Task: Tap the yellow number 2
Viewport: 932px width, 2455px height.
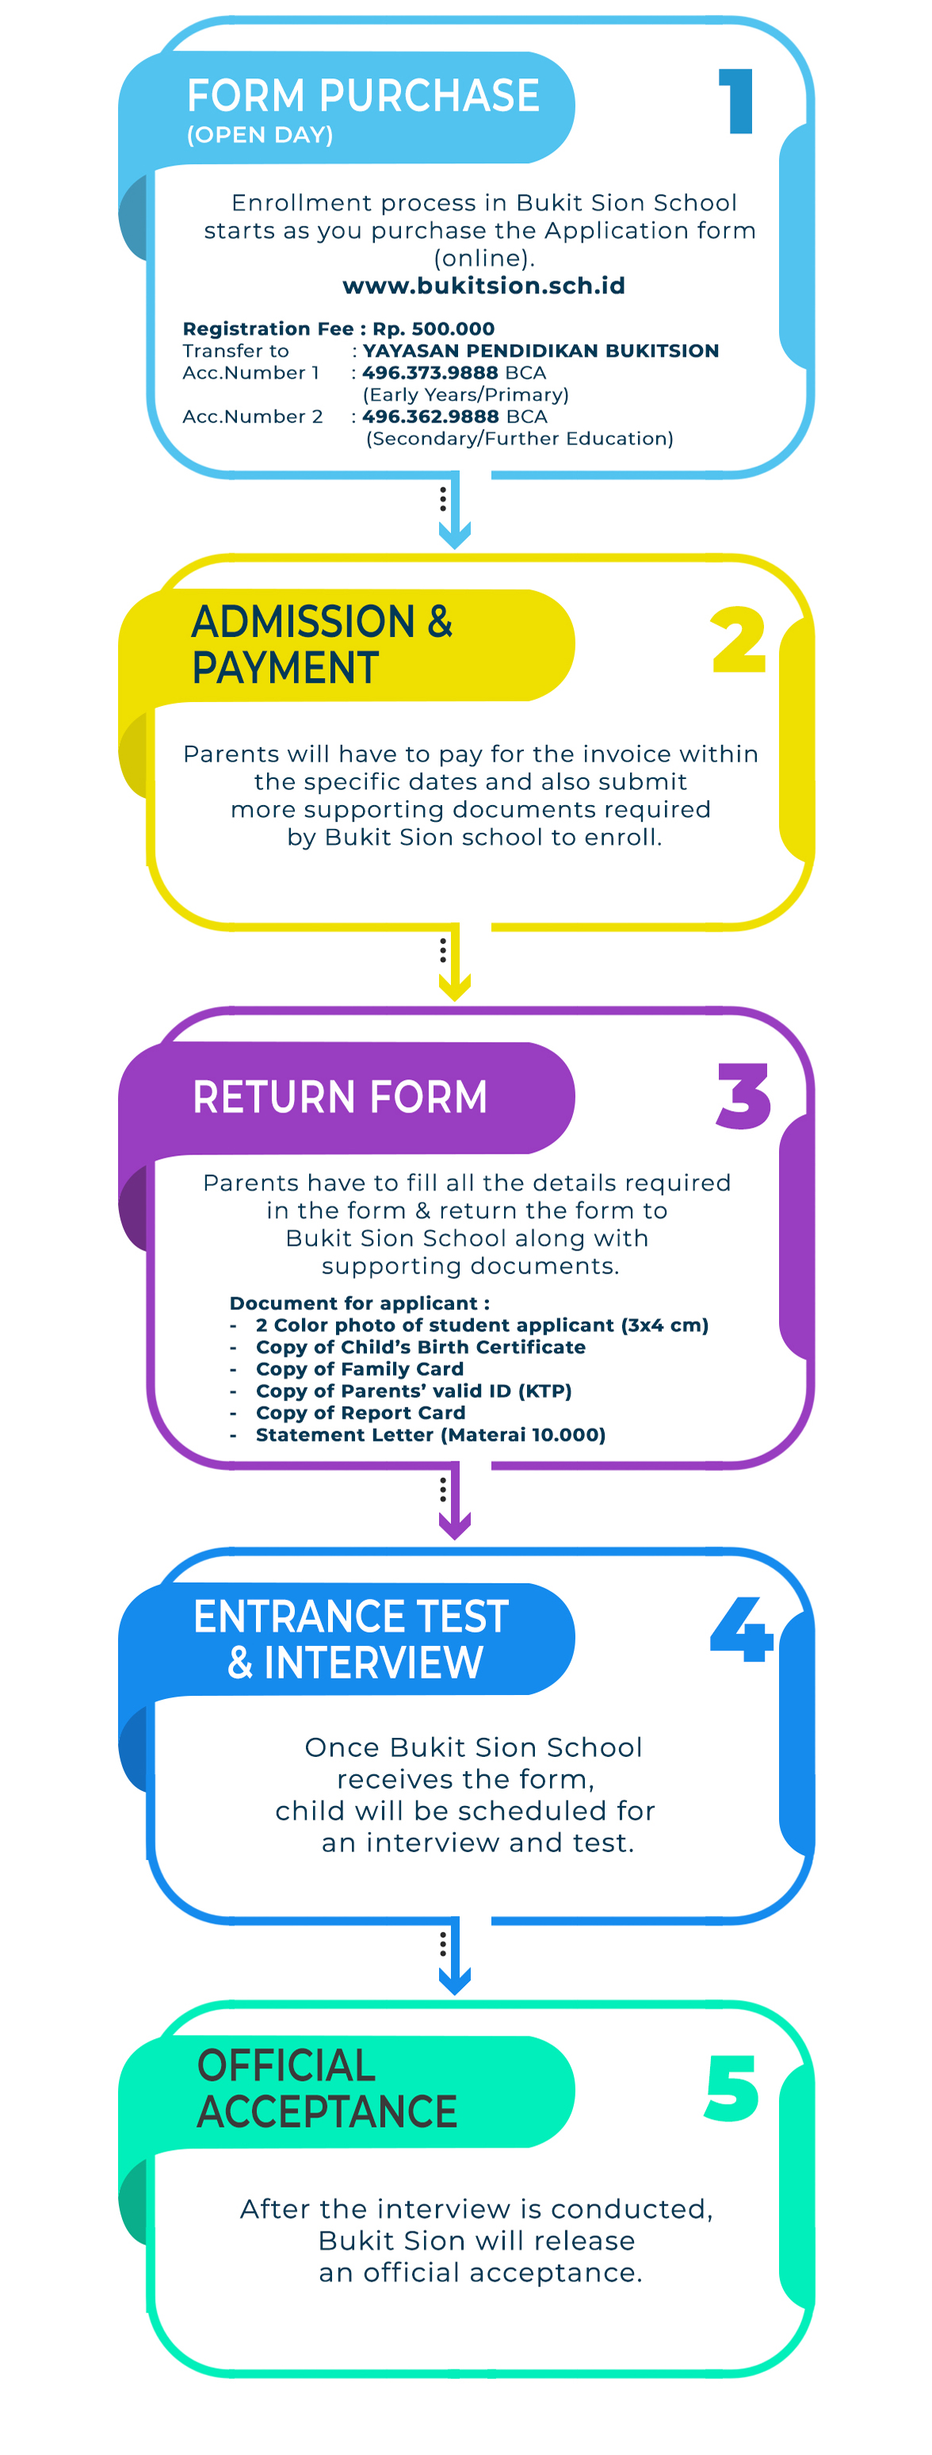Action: (739, 640)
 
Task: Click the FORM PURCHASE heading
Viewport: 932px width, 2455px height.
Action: (363, 95)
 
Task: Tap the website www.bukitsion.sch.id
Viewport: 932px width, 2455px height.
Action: (484, 286)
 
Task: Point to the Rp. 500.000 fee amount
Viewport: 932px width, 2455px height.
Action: (434, 329)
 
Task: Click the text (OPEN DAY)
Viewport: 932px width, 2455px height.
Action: (260, 136)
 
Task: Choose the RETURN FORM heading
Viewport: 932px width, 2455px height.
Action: (340, 1097)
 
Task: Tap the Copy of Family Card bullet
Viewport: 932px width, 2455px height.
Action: (359, 1369)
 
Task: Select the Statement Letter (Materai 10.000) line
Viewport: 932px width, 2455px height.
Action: (431, 1435)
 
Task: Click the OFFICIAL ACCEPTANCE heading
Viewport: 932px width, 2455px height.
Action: (327, 2087)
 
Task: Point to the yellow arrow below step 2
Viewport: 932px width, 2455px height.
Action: (455, 963)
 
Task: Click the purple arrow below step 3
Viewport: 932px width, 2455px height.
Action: (455, 1501)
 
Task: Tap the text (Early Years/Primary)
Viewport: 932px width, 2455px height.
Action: (466, 395)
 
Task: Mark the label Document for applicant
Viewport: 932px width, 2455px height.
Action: (359, 1303)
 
